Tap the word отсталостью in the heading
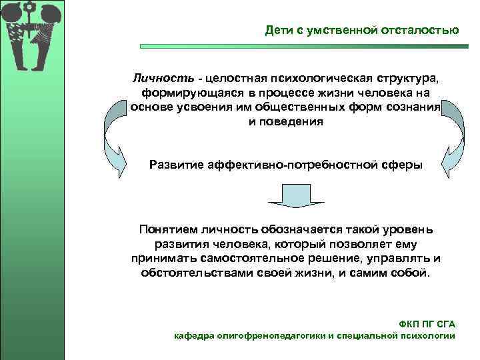coord(421,30)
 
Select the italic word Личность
coord(159,78)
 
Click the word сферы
coord(403,165)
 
